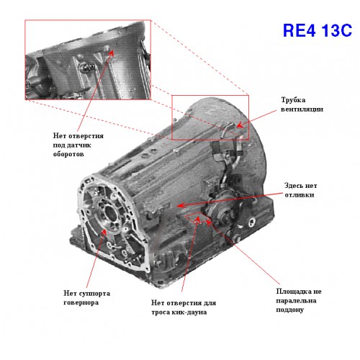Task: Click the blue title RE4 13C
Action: (x=318, y=30)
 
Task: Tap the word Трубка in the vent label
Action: (x=293, y=100)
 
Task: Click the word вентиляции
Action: (x=302, y=109)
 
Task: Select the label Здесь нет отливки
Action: (x=301, y=190)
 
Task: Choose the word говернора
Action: (x=81, y=302)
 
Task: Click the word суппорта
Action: (x=94, y=294)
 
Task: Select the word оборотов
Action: (x=68, y=154)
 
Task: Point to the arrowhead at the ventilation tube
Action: (x=240, y=125)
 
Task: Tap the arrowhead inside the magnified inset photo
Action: (x=111, y=53)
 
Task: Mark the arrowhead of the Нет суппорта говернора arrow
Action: (x=104, y=232)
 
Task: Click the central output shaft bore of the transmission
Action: (x=111, y=212)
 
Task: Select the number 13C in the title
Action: (x=336, y=30)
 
